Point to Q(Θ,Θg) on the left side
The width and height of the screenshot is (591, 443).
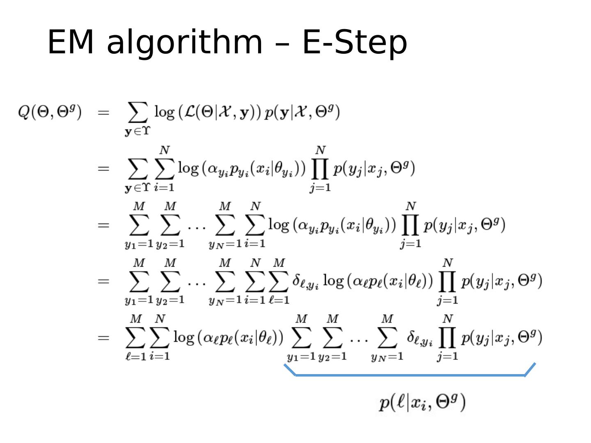coord(50,112)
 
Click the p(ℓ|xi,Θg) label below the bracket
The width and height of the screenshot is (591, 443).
coord(422,402)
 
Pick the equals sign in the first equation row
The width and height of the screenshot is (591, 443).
coord(103,112)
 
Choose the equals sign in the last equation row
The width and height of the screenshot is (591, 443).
coord(103,338)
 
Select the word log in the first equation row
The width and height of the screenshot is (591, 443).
coord(164,112)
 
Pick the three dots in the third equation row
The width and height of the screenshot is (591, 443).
coord(197,226)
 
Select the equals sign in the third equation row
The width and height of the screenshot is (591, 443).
coord(103,225)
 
